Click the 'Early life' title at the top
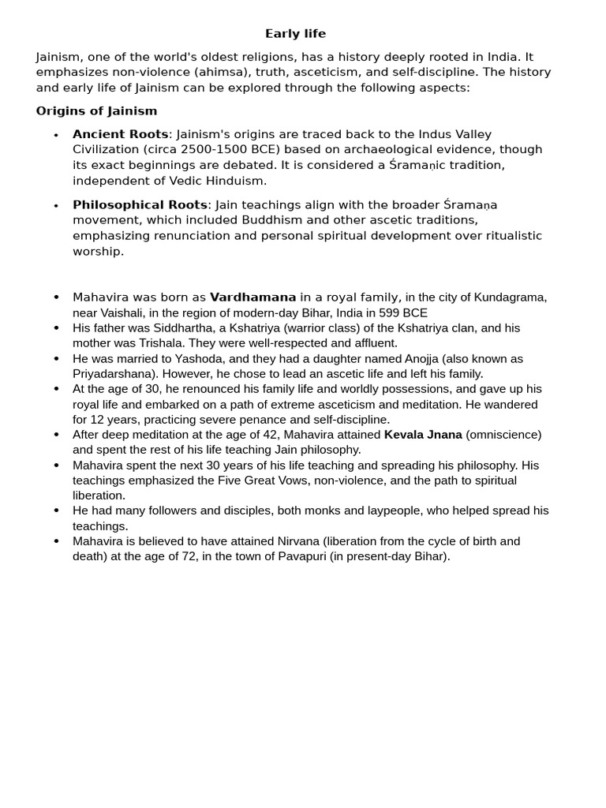(x=295, y=33)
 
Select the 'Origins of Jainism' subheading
(x=96, y=110)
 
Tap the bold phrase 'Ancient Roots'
(x=120, y=134)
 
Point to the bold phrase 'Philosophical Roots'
(x=140, y=204)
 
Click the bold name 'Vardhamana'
(x=252, y=297)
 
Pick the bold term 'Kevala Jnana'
(x=423, y=435)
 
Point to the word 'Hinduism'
(x=234, y=181)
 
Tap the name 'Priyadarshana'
(x=110, y=374)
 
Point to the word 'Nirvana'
(x=298, y=541)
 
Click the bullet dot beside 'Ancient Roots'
(x=56, y=135)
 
